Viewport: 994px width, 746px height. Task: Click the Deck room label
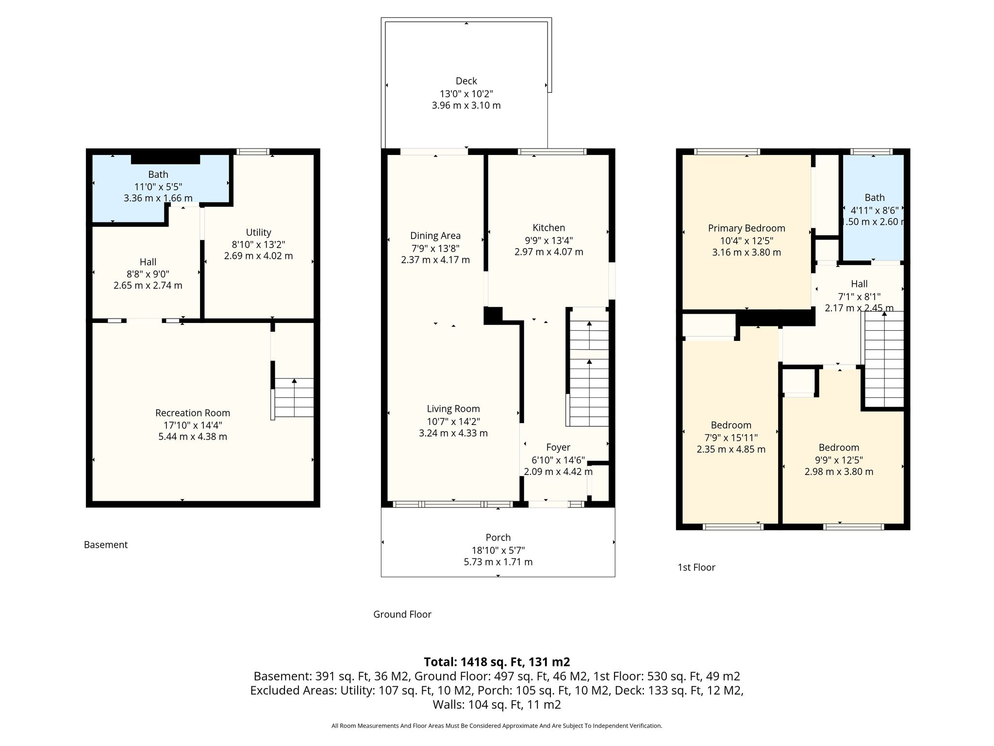(466, 81)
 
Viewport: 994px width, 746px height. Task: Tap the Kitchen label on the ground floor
(549, 228)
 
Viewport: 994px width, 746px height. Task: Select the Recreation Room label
(193, 413)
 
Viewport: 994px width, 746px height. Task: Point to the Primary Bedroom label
(746, 228)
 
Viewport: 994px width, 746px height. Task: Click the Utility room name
(258, 232)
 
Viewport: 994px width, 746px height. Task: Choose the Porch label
(498, 538)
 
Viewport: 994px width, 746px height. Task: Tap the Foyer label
(558, 448)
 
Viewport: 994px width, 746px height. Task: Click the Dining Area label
(435, 236)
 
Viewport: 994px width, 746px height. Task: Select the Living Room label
(453, 409)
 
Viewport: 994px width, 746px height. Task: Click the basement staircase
(294, 398)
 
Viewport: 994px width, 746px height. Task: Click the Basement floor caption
(106, 545)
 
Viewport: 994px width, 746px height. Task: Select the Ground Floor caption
(402, 614)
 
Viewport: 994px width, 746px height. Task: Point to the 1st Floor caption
(696, 567)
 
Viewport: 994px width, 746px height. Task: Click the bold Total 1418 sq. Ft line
(497, 662)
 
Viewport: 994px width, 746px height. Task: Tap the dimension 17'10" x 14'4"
(193, 425)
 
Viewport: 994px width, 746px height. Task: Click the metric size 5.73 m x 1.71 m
(498, 562)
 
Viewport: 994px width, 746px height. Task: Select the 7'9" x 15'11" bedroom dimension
(731, 438)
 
